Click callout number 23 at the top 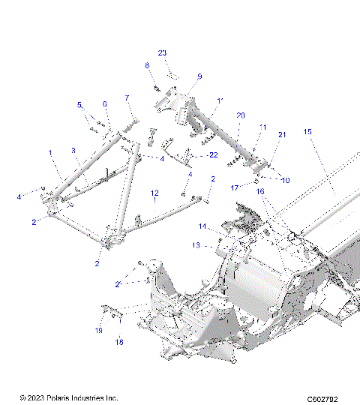pos(162,52)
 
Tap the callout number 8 pos(147,66)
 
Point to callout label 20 pos(240,115)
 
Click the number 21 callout pos(282,134)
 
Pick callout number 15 pos(307,132)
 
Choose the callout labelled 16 pos(261,192)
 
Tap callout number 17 pos(234,187)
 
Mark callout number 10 pos(286,180)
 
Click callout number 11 pos(262,127)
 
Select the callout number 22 pos(214,154)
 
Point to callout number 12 pos(154,193)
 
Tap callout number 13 pos(195,244)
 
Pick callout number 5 pos(79,105)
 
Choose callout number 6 pos(105,104)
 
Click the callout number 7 pos(127,98)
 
